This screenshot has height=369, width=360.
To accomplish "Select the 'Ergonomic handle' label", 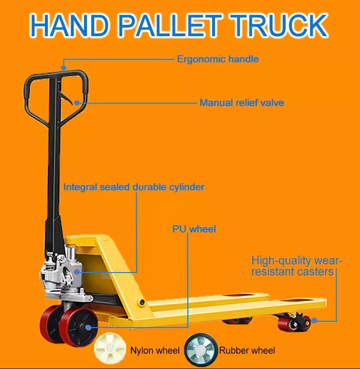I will click(x=217, y=59).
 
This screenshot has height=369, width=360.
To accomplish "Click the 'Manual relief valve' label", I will click(x=242, y=103).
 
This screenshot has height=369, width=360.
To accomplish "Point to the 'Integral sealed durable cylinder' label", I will click(x=134, y=187).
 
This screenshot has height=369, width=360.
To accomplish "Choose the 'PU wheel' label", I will click(x=194, y=229).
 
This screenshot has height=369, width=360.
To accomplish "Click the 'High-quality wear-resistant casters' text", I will click(x=296, y=266).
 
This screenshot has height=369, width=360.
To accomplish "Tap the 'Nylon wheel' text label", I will click(x=155, y=351).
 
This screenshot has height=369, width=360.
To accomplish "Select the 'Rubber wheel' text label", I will click(x=247, y=351).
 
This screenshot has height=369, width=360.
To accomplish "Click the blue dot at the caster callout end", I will click(x=315, y=320).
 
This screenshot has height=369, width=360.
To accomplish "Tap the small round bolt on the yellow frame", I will click(x=142, y=301).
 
